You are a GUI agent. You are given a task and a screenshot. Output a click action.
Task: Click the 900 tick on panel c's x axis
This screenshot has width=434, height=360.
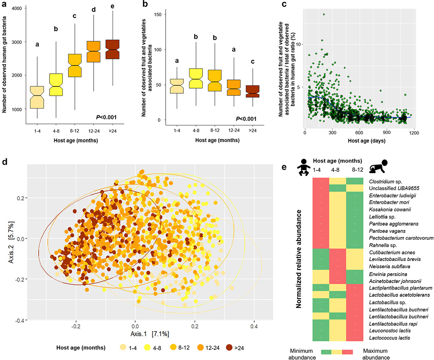coord(387,133)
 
